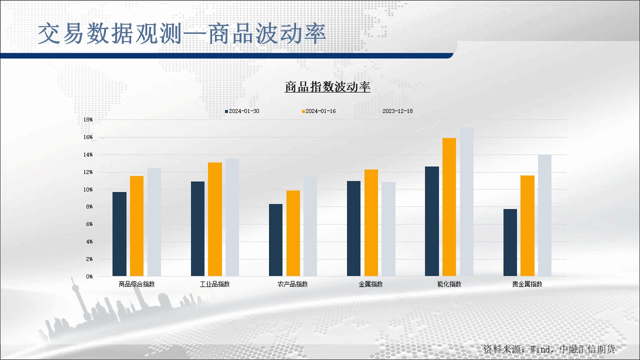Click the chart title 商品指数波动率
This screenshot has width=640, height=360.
click(327, 87)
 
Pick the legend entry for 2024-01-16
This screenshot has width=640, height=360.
click(320, 111)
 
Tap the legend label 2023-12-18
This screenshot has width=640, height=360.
click(397, 111)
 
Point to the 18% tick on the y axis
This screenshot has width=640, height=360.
click(88, 120)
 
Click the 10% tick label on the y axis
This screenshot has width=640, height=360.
click(88, 189)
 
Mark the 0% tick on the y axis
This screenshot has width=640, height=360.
click(89, 276)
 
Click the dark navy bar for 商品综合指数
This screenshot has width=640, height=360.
click(119, 234)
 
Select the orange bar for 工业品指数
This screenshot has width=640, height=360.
click(215, 219)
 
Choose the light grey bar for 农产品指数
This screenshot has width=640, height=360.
click(310, 226)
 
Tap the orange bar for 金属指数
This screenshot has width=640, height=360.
click(371, 222)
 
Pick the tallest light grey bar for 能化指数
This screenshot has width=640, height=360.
click(466, 202)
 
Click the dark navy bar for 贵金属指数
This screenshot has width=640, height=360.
click(510, 242)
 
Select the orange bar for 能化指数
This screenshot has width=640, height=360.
click(449, 207)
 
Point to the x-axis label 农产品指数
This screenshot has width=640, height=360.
click(292, 284)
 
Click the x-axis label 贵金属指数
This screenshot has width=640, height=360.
click(527, 284)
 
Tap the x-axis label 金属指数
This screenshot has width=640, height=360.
click(370, 284)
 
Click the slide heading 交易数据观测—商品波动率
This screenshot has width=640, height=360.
click(182, 34)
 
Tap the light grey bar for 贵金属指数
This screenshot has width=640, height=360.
click(544, 215)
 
